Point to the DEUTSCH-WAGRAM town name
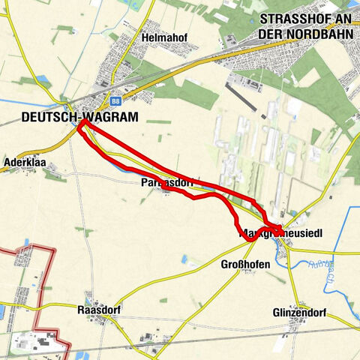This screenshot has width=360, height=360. click(x=70, y=116)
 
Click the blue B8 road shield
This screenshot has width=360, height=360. click(x=115, y=100)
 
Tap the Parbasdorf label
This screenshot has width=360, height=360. click(x=166, y=183)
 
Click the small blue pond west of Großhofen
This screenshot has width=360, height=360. click(x=184, y=259)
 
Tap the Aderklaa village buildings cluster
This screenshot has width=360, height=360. click(x=55, y=175)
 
